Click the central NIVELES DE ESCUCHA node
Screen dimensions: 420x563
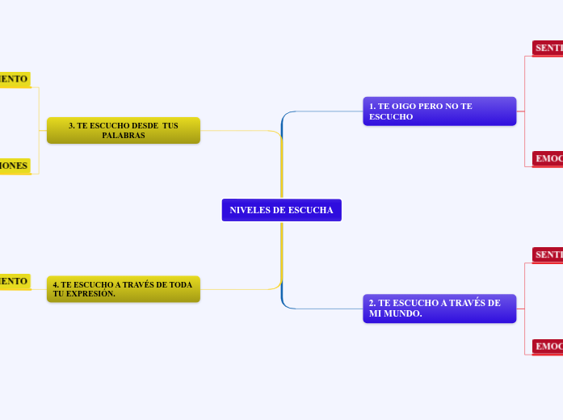coord(281,210)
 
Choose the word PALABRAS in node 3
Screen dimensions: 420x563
coord(124,135)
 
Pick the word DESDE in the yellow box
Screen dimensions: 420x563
coord(141,125)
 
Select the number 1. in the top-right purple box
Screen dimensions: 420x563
coord(372,106)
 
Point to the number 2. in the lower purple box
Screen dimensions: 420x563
coord(372,303)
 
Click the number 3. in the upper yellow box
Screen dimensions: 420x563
coord(72,125)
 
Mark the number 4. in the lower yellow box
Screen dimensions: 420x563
coord(56,284)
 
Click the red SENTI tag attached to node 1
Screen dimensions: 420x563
coord(548,48)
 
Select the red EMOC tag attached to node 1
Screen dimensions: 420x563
coord(548,158)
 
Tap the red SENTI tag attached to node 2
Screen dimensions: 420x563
coord(548,254)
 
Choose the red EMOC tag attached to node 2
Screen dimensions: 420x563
coord(548,346)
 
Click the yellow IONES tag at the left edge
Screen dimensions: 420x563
coord(15,166)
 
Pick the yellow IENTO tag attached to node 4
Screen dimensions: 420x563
coord(15,281)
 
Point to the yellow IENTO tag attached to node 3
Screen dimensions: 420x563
coord(15,78)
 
